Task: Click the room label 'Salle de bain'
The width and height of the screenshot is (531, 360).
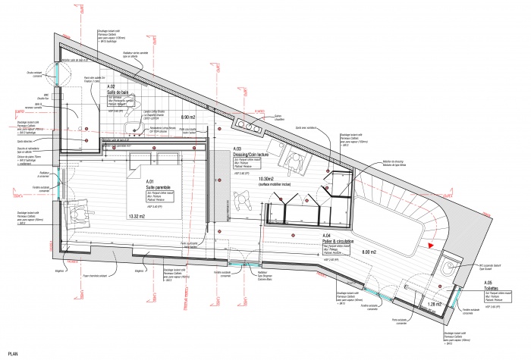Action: (121, 92)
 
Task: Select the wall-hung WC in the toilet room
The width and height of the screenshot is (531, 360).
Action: (452, 266)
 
